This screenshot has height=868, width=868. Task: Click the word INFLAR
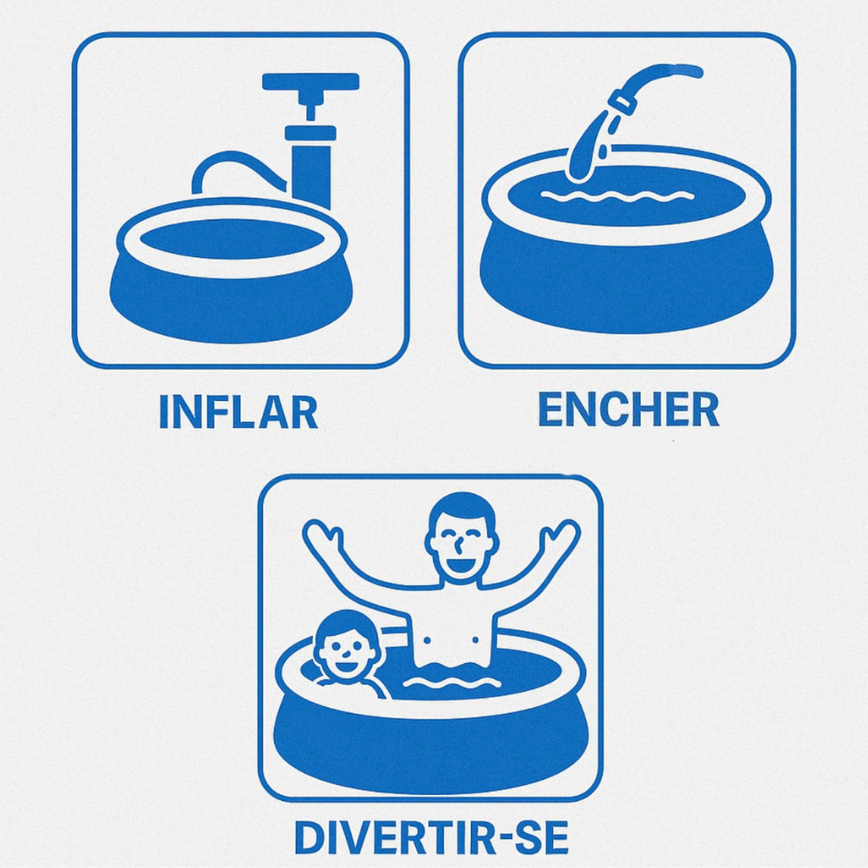click(x=238, y=413)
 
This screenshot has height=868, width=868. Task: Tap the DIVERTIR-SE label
click(x=431, y=837)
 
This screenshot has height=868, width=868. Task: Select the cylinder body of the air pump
click(x=310, y=166)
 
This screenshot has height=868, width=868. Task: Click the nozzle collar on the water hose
click(x=623, y=103)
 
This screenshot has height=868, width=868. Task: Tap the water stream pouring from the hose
click(x=587, y=147)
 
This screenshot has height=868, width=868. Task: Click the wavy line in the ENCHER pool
click(x=616, y=196)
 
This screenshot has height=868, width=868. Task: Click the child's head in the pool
click(x=344, y=645)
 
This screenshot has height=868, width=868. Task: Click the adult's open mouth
click(x=461, y=565)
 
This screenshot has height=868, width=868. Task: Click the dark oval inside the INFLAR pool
click(x=232, y=238)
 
